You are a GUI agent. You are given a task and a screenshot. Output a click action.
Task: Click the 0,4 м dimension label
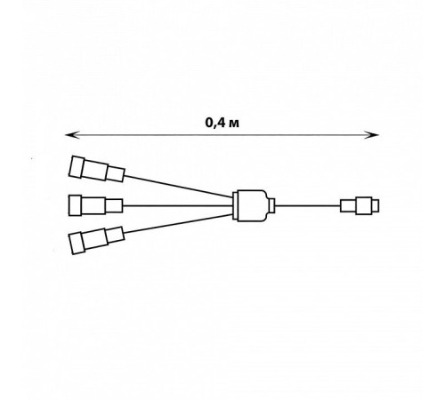[222, 123]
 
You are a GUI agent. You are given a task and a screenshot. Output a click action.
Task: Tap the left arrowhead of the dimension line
[72, 135]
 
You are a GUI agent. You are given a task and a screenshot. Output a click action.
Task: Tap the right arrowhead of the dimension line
[372, 135]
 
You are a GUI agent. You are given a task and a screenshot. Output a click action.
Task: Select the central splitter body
[252, 205]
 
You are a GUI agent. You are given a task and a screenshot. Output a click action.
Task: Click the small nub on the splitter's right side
[271, 205]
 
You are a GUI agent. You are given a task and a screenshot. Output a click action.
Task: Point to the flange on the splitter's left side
[235, 205]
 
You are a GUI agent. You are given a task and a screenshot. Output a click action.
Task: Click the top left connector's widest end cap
[77, 167]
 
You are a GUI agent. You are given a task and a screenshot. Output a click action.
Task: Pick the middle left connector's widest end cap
[76, 205]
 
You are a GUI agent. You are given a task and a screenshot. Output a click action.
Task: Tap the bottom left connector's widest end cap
[77, 244]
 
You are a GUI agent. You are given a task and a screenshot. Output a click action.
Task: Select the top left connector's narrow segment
[115, 174]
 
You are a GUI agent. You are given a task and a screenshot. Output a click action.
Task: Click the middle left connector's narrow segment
[114, 205]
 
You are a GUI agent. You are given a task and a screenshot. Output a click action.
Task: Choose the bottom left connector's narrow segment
[115, 236]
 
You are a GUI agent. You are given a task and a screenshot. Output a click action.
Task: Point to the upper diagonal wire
[179, 187]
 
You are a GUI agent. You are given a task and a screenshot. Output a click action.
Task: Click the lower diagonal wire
[179, 224]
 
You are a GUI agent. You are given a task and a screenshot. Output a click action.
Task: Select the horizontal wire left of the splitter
[178, 205]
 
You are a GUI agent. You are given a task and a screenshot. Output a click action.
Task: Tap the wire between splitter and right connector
[308, 205]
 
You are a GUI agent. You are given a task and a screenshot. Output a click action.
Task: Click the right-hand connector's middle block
[364, 205]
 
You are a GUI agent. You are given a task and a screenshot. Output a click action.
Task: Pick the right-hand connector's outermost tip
[376, 205]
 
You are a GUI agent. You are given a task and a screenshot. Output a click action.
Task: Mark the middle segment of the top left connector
[95, 170]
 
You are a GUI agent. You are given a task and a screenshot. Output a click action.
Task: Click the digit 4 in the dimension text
[221, 123]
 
